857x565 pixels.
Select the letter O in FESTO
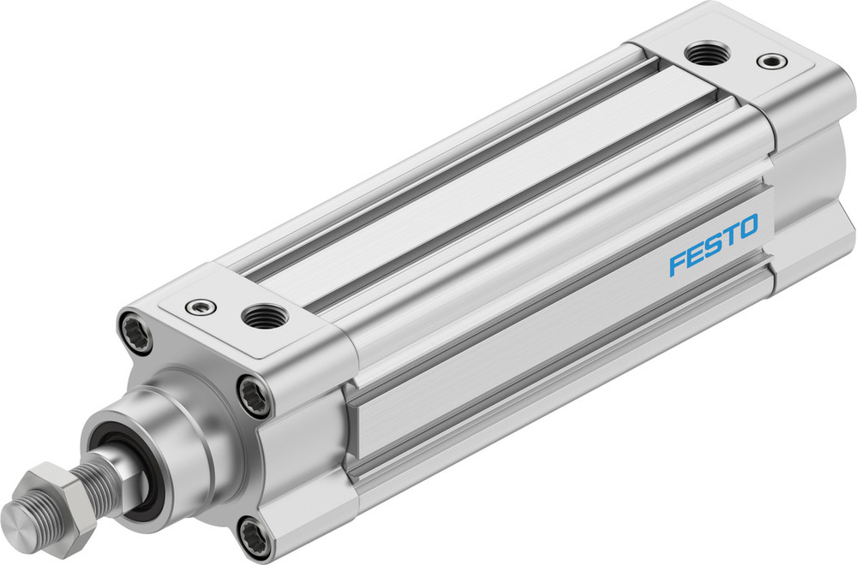click(x=747, y=227)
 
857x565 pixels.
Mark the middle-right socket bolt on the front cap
click(x=255, y=395)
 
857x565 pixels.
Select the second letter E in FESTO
click(x=694, y=255)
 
